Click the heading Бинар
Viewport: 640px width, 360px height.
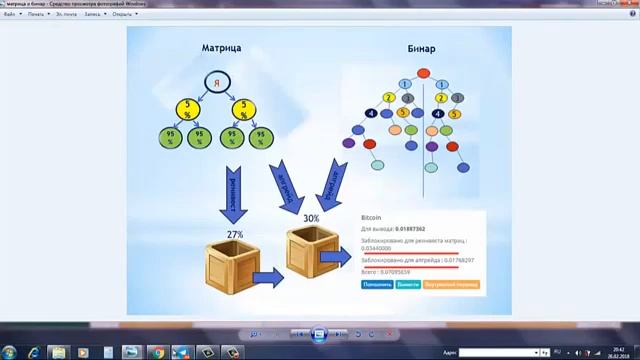pos(423,48)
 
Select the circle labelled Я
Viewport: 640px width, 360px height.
pos(219,82)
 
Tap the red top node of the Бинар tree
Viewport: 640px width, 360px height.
pos(423,73)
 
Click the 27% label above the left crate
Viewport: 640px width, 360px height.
pos(235,234)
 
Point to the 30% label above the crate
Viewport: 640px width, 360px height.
pos(311,218)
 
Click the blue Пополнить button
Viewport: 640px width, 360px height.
pos(377,284)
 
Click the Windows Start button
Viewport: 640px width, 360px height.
pos(11,352)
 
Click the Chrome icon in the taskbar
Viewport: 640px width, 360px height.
pos(157,352)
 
